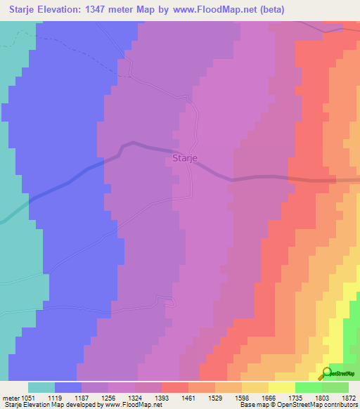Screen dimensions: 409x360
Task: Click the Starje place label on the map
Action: [184, 159]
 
